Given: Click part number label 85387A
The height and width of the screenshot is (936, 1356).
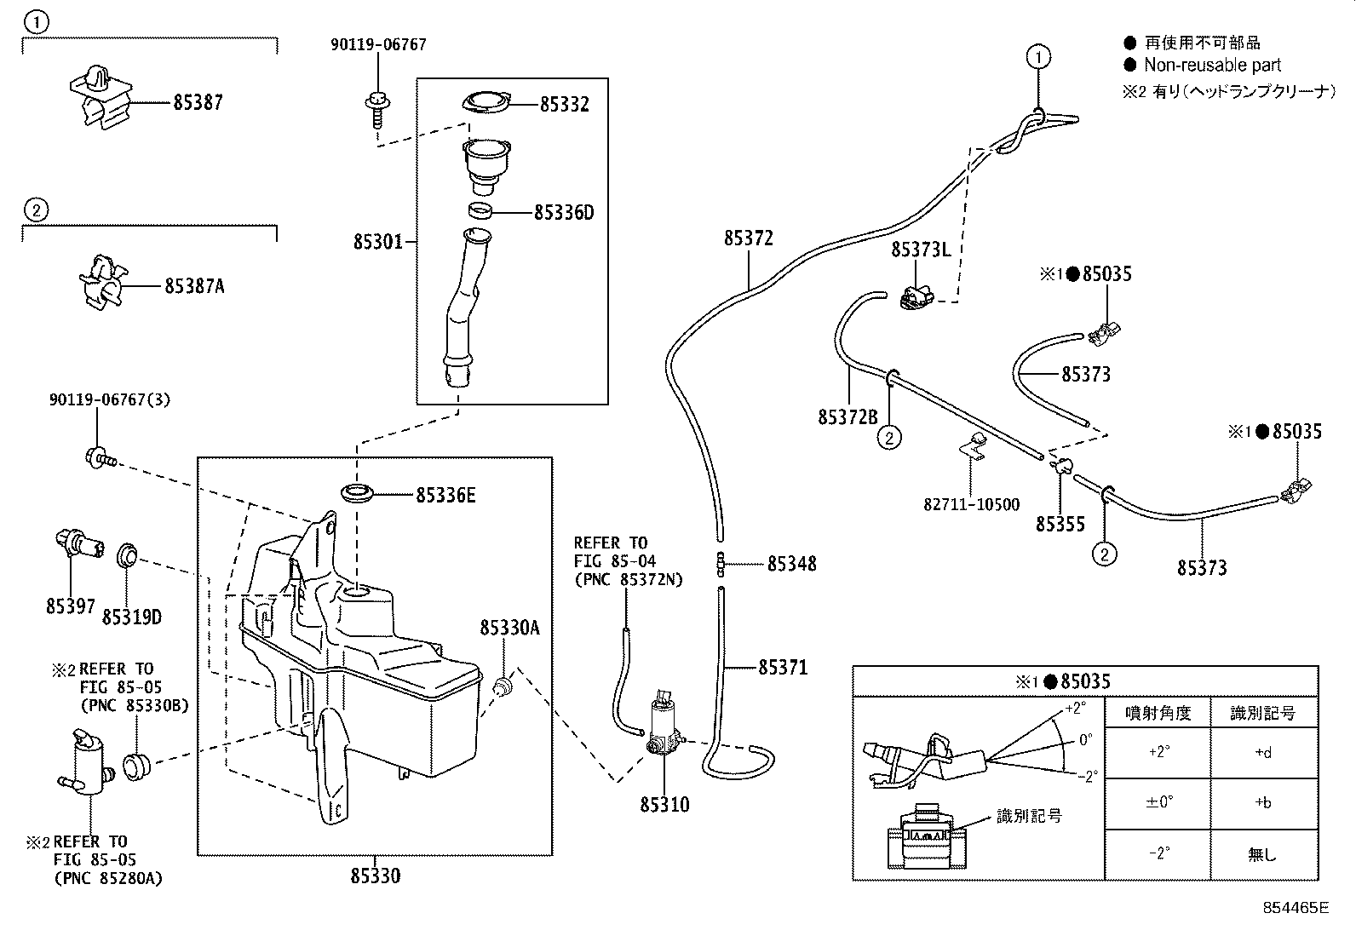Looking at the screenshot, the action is [194, 286].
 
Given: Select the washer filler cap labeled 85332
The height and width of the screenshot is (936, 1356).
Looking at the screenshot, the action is [486, 102].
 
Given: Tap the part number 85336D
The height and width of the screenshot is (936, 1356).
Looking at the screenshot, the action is [564, 213].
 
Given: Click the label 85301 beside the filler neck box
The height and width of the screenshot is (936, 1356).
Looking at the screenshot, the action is [377, 242].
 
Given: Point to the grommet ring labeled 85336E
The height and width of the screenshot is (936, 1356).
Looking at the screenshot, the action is [357, 493].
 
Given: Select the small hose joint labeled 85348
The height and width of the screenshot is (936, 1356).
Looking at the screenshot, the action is [721, 565].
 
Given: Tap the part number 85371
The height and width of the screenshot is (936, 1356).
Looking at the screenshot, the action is [784, 667].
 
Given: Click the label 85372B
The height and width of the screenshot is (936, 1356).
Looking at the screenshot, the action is [847, 416].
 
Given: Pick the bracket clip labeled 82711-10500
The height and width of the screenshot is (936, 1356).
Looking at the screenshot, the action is [974, 445].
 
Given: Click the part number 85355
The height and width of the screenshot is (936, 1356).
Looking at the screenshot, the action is [1060, 524].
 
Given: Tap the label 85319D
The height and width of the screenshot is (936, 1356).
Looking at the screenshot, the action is [132, 617].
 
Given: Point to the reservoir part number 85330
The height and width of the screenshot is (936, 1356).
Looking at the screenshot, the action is [376, 876].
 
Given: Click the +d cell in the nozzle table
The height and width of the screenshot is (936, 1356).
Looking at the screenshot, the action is [1263, 753].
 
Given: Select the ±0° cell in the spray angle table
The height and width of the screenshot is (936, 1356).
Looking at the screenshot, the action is [1158, 802].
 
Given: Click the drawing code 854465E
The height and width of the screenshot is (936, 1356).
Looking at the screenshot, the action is [1296, 908].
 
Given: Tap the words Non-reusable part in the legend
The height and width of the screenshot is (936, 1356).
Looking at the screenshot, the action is [1213, 65].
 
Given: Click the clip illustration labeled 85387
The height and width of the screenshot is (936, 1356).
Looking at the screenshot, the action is [101, 97].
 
